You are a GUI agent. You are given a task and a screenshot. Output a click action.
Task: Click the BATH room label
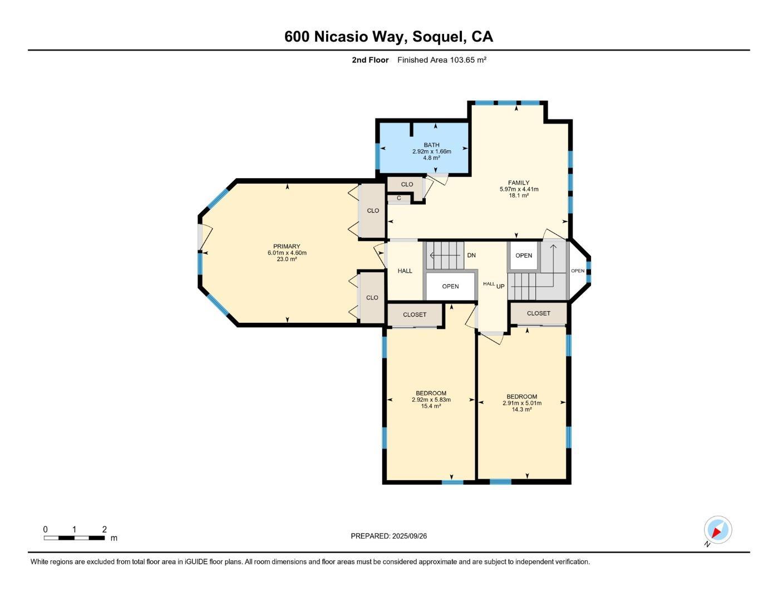click(x=431, y=145)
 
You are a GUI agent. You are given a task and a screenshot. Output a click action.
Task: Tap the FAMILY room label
click(x=518, y=183)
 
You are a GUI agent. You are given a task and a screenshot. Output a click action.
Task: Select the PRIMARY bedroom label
click(x=287, y=247)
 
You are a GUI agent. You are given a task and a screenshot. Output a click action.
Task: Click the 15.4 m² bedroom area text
click(x=431, y=406)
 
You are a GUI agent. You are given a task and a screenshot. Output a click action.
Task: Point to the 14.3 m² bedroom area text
click(x=521, y=410)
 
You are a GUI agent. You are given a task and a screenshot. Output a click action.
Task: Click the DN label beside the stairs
click(x=471, y=255)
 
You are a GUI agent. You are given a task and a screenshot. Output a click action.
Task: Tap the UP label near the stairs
click(x=500, y=286)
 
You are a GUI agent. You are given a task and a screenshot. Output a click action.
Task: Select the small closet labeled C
click(x=398, y=198)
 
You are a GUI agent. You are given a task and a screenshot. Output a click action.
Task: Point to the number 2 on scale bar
click(x=104, y=529)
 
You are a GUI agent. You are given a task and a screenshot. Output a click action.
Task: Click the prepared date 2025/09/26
click(x=409, y=536)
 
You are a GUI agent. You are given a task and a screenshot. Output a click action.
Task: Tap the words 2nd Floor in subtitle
click(x=370, y=60)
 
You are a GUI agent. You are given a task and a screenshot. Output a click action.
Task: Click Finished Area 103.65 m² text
click(x=442, y=60)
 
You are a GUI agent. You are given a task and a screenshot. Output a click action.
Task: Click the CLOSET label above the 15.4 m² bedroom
click(x=415, y=314)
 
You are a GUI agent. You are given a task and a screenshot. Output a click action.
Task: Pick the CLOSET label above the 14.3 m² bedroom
click(x=538, y=313)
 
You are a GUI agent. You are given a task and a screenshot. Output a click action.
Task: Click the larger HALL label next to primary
click(x=405, y=271)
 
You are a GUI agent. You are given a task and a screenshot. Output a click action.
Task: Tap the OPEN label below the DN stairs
click(x=450, y=287)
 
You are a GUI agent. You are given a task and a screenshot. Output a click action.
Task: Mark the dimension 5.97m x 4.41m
click(x=519, y=189)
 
